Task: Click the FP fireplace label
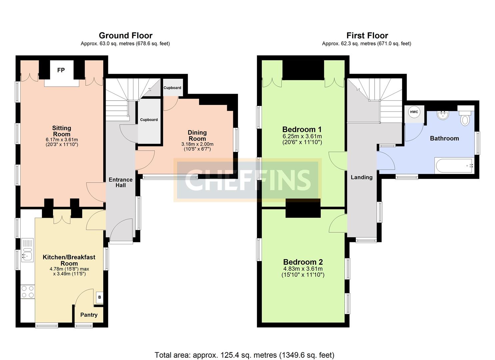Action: [61, 70]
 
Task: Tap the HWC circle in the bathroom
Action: [414, 112]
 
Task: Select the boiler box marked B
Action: [99, 297]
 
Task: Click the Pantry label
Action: [89, 315]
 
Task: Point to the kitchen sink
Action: [27, 250]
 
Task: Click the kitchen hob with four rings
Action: [27, 292]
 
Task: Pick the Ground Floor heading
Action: [125, 36]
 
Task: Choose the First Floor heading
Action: [367, 36]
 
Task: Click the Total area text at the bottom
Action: [244, 355]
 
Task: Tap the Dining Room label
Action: [197, 136]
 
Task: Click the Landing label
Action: [361, 177]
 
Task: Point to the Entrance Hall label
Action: [120, 182]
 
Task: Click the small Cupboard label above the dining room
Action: [172, 88]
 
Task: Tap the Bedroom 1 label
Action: [302, 129]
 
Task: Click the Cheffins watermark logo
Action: [247, 180]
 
